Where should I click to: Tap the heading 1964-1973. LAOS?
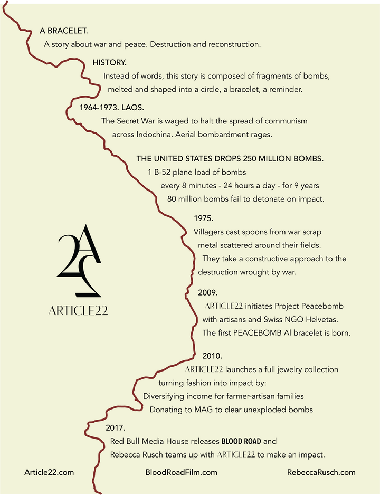(x=108, y=108)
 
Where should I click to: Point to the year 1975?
(x=203, y=218)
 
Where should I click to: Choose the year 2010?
(x=213, y=356)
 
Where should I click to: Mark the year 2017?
(x=115, y=427)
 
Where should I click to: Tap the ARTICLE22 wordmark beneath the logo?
(x=78, y=311)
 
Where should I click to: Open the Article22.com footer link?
(x=49, y=472)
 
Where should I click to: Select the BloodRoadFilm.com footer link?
(x=181, y=472)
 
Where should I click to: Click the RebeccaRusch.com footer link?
(x=321, y=472)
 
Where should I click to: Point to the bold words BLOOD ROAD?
(x=241, y=441)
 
